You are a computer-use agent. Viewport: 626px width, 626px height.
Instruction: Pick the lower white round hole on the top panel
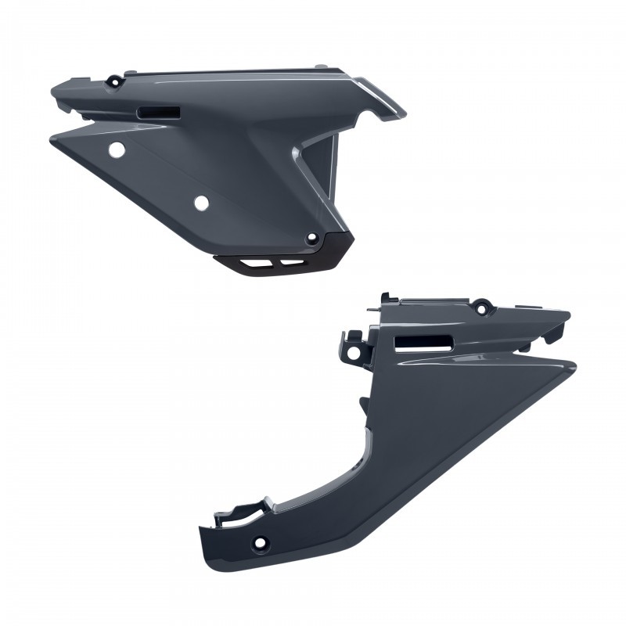(x=201, y=203)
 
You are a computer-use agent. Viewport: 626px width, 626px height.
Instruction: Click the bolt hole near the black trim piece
(x=312, y=238)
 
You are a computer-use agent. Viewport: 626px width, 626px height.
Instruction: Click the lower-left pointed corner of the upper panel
(x=52, y=140)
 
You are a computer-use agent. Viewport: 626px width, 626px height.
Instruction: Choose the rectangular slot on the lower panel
(x=423, y=342)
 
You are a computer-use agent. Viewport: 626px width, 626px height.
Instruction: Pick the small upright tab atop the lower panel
(x=385, y=298)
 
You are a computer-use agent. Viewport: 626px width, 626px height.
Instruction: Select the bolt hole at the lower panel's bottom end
(x=259, y=541)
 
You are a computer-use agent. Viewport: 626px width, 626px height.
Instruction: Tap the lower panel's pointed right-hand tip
(x=580, y=362)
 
